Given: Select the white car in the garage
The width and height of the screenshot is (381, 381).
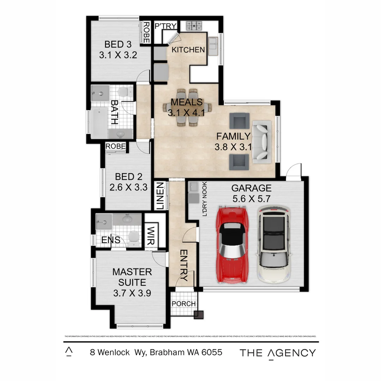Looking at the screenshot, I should [274, 244].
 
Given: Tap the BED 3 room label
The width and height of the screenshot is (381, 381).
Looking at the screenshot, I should [118, 45].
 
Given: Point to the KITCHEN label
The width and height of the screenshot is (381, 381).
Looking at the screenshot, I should [188, 50].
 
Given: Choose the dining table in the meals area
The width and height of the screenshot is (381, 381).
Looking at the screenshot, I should [187, 107].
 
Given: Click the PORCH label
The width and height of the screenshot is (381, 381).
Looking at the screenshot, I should [183, 304].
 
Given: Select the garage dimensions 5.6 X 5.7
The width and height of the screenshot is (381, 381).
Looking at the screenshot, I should [251, 199].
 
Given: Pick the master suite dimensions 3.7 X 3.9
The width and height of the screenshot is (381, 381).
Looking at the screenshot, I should [132, 293].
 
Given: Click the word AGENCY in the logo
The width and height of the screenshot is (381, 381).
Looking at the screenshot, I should [291, 353].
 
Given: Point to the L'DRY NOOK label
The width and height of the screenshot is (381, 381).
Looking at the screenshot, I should [204, 199].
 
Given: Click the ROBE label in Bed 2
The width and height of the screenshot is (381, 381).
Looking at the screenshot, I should [115, 146].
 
